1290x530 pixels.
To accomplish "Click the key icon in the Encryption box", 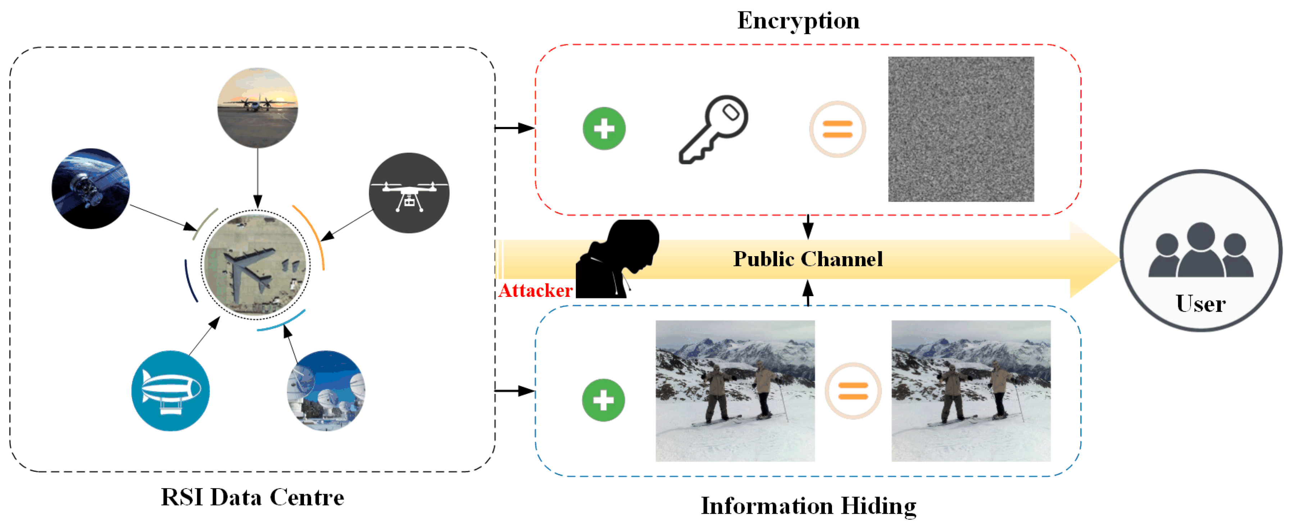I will tap(714, 129).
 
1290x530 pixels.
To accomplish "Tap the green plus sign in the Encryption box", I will tap(604, 129).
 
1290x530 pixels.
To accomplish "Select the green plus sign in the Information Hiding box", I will tap(603, 400).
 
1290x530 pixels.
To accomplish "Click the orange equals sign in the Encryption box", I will tap(837, 129).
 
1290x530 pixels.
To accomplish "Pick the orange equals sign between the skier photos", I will tap(853, 391).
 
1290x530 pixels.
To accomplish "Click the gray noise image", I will tap(960, 129).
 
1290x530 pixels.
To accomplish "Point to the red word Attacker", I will tap(535, 291).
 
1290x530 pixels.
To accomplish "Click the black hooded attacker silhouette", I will tap(616, 261).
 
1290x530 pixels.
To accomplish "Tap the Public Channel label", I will tap(807, 259).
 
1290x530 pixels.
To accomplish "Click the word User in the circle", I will tap(1200, 304).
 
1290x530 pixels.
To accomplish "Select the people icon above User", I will tap(1200, 250).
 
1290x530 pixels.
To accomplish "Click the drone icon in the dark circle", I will tap(409, 193).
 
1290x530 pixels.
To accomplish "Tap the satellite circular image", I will tap(91, 188).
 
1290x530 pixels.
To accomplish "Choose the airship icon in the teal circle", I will tap(170, 391).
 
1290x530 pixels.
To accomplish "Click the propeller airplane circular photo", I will tap(258, 108).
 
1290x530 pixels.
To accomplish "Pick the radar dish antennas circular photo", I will tap(326, 391).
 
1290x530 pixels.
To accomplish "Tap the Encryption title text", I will tap(798, 21).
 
